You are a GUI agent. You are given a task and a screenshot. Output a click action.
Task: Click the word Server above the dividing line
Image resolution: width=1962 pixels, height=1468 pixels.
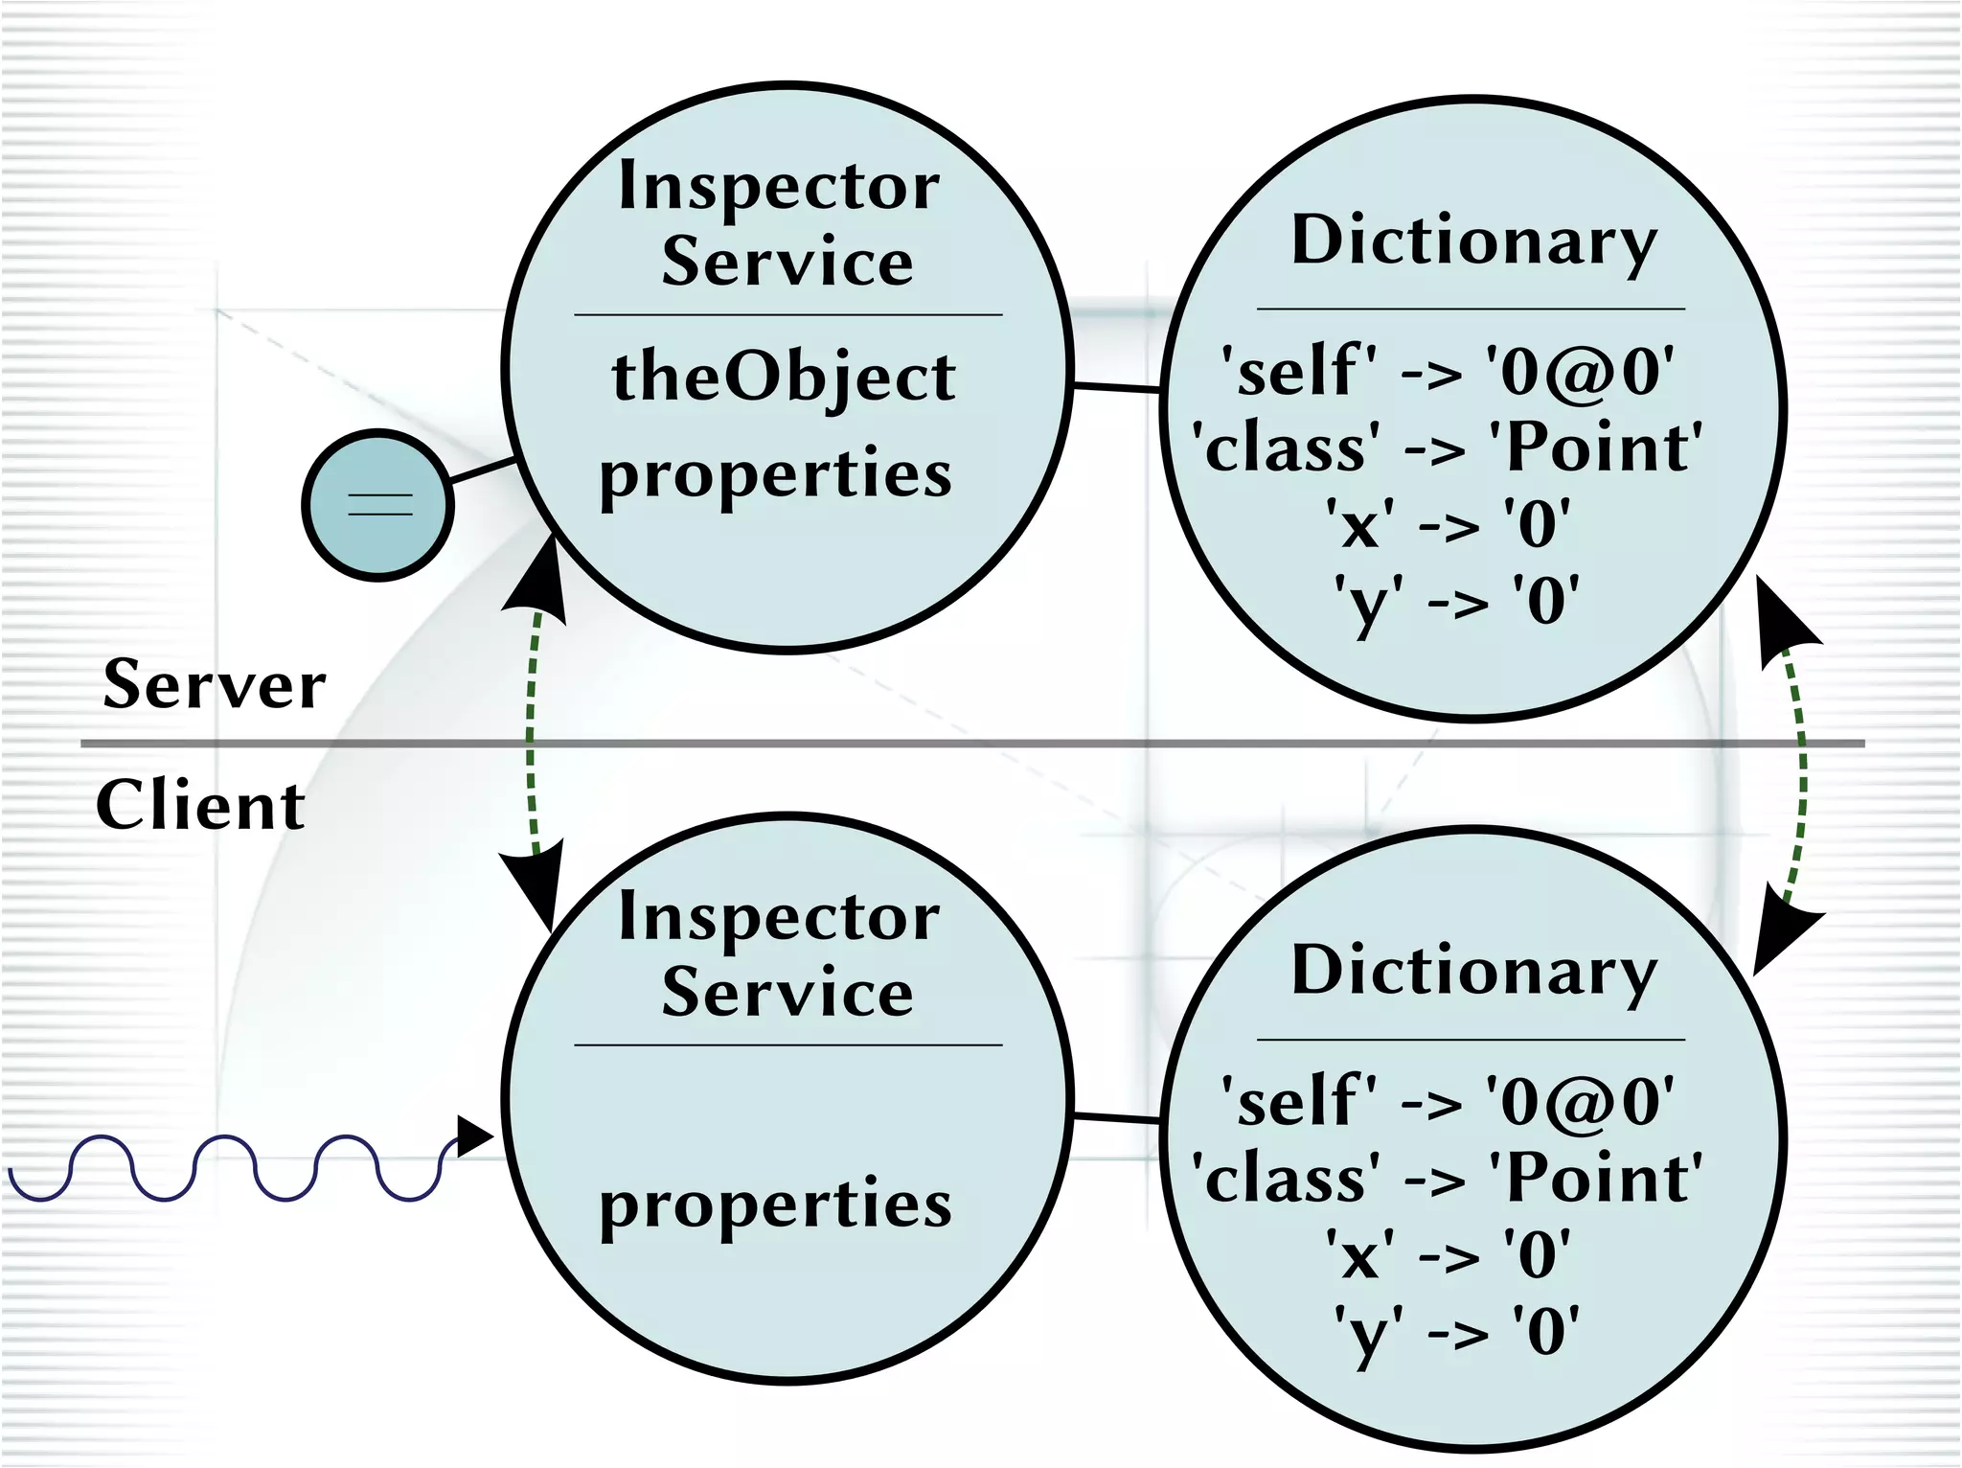(x=215, y=684)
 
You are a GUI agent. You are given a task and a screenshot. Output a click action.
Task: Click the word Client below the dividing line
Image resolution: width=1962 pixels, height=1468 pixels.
(x=200, y=805)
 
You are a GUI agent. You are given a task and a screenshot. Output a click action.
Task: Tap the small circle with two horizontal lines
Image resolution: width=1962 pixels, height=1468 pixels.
(x=378, y=504)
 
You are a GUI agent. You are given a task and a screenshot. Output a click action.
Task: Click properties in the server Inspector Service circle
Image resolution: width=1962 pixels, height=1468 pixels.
(x=776, y=474)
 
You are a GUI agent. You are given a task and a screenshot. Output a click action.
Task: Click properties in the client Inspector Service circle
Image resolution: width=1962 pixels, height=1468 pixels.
(x=776, y=1205)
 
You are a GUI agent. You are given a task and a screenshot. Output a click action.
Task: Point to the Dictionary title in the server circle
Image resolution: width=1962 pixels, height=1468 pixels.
(x=1473, y=241)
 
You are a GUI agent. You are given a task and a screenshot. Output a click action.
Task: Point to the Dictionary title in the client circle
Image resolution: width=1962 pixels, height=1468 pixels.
(x=1473, y=971)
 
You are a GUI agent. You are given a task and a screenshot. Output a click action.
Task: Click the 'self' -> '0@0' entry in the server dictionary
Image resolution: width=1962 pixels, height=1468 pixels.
(x=1447, y=372)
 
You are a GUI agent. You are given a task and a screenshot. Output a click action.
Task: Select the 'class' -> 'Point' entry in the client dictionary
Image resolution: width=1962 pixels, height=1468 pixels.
(x=1447, y=1179)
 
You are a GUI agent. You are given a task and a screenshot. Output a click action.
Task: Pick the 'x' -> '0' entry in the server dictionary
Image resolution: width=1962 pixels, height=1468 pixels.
(x=1447, y=525)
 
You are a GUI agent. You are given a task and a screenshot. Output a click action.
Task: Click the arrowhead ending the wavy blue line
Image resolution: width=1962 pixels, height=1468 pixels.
(x=474, y=1136)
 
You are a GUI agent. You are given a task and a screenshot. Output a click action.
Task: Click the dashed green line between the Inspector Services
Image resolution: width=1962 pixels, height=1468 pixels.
(x=530, y=738)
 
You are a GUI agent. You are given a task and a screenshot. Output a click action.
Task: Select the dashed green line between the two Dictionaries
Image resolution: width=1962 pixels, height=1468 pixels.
(x=1802, y=767)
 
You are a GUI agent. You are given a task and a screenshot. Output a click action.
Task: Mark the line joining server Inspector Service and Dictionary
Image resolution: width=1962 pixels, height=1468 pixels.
(x=1116, y=386)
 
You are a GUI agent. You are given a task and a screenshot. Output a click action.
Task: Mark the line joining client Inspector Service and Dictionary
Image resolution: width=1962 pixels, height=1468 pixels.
(x=1116, y=1117)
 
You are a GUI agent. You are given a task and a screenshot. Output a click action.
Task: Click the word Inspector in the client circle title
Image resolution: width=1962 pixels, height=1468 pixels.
(x=779, y=917)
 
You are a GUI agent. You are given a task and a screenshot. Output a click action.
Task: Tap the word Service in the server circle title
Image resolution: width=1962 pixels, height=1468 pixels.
(x=787, y=261)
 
